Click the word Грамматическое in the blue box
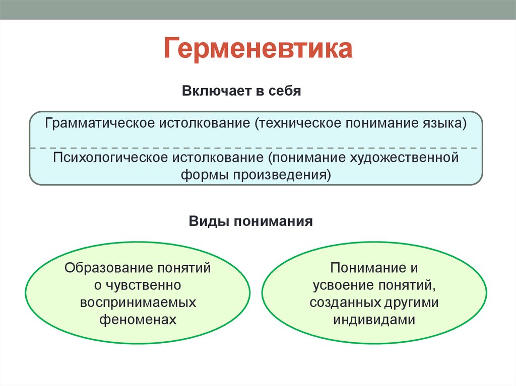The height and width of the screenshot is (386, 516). coord(100,123)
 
